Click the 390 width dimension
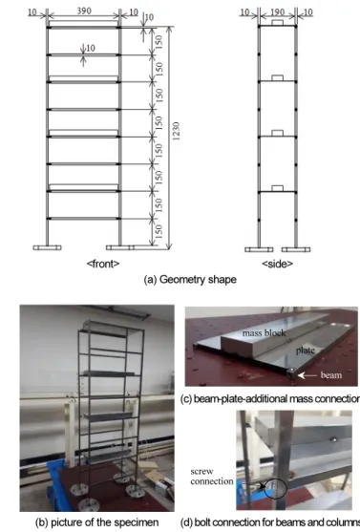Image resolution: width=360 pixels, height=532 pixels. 84,11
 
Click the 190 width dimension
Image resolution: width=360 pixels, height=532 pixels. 277,12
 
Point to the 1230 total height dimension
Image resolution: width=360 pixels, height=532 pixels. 176,131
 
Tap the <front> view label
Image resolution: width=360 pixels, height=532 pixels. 103,264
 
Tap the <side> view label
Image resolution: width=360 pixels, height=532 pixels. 277,264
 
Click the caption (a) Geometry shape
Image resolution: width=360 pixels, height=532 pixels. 190,280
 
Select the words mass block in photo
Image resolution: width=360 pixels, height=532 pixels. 264,333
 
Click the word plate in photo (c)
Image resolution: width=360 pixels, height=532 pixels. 305,351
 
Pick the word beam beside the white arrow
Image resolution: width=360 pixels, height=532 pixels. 330,375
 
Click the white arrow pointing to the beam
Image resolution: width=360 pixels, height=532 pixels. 307,375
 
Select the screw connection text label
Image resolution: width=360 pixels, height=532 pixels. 211,477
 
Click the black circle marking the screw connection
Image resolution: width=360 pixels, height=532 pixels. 276,488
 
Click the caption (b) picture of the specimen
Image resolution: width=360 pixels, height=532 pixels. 96,522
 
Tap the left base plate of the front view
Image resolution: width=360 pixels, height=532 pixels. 47,247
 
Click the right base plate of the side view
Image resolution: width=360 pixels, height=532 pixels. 296,249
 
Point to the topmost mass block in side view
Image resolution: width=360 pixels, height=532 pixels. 278,22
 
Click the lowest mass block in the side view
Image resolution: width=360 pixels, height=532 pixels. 278,189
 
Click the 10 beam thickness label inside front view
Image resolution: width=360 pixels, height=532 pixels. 91,48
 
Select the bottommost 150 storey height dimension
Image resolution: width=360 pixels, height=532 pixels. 159,231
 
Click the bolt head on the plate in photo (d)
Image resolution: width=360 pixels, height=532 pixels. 334,439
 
